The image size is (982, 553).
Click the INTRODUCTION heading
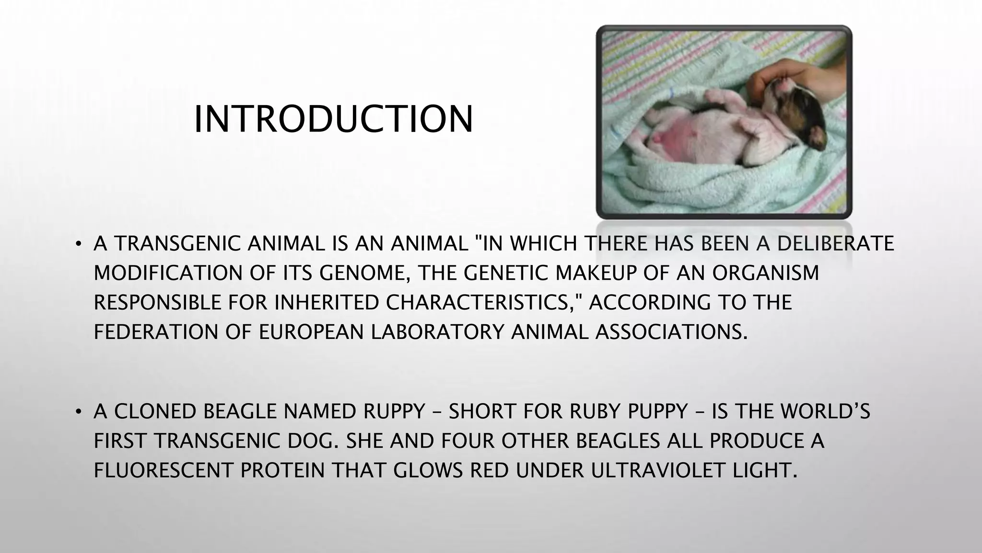pyautogui.click(x=333, y=119)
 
